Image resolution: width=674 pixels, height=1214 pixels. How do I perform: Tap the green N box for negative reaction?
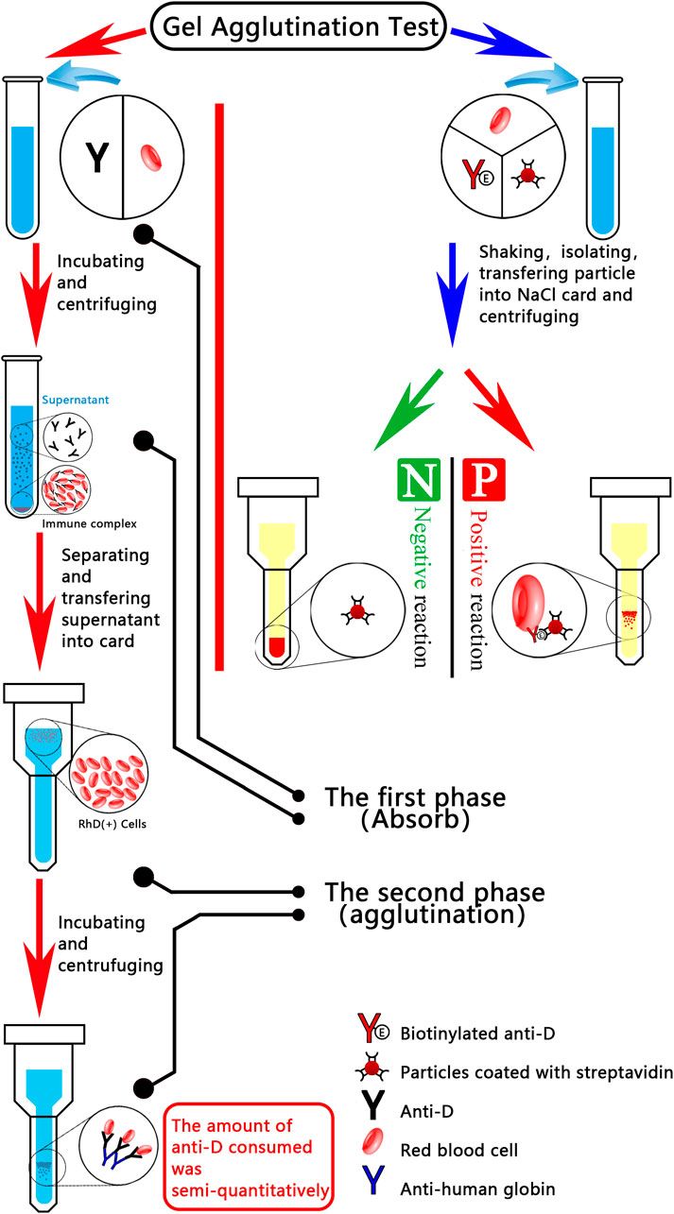click(x=415, y=484)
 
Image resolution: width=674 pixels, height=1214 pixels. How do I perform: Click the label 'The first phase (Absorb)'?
click(x=415, y=808)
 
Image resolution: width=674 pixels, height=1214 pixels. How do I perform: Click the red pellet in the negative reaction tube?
click(x=277, y=648)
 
